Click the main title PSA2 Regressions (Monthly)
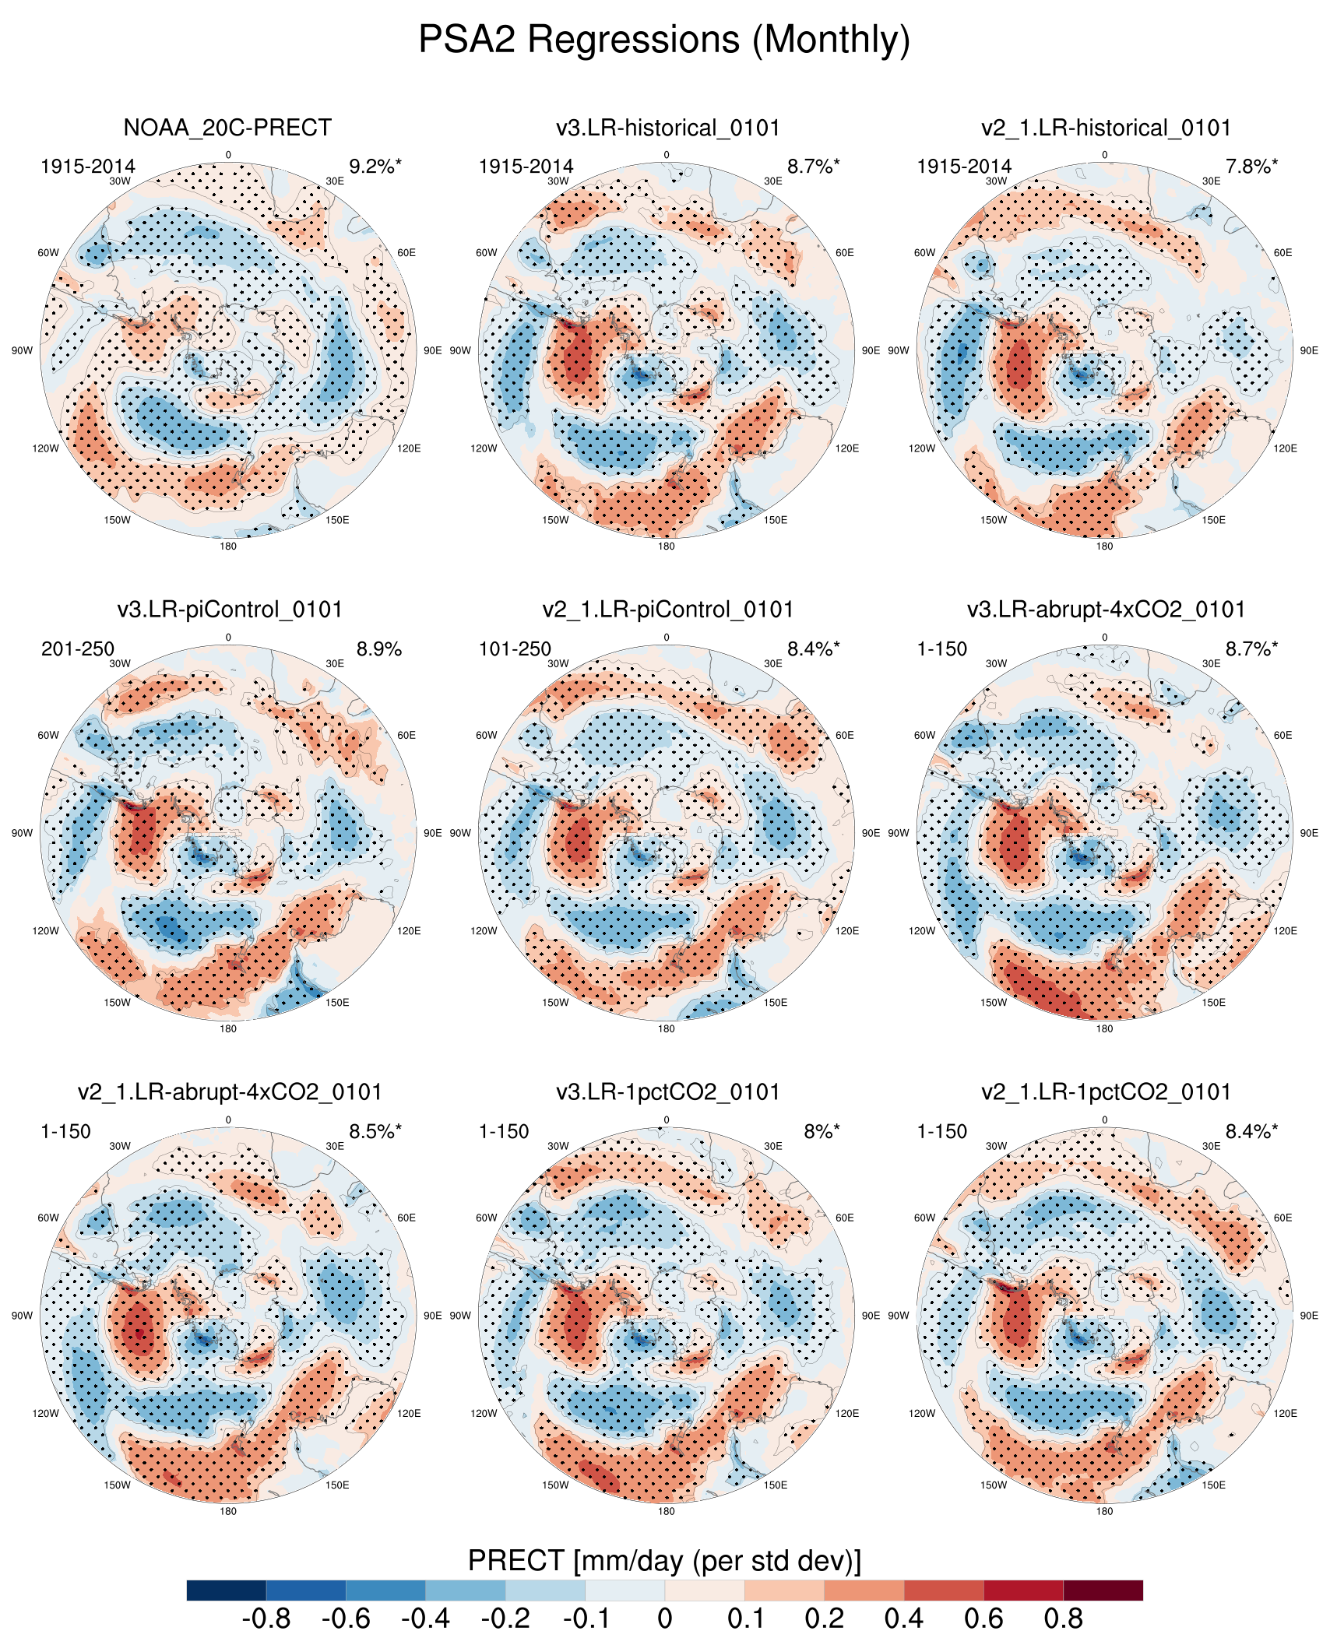664,39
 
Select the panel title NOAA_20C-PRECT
227,127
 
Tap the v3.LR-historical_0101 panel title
667,127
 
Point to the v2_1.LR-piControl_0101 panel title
667,609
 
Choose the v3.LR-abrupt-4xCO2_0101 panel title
1106,609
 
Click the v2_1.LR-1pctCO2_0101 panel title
1106,1091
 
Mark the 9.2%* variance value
375,166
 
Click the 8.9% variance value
379,648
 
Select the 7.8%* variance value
1251,166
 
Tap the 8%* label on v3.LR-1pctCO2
822,1131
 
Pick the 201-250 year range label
78,648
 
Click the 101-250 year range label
515,648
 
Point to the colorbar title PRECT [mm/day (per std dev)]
664,1560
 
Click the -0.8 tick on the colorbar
266,1619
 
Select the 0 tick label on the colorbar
664,1619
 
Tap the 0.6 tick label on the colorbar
983,1619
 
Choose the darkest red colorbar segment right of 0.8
1103,1590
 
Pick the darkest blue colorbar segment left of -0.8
227,1590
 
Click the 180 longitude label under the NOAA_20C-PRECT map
228,546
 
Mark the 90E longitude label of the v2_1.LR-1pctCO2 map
1309,1315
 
